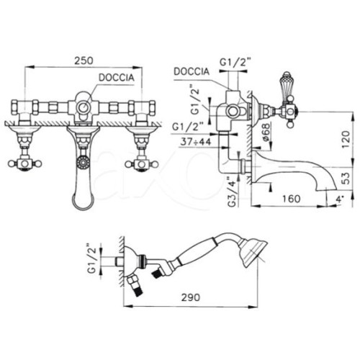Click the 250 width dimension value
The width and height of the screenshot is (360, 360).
pos(84,60)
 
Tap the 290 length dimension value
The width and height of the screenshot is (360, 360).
pos(190,297)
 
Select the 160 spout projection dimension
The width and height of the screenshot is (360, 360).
pos(291,199)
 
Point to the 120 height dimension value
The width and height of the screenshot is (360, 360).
pos(345,139)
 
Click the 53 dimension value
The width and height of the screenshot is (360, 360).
pos(345,178)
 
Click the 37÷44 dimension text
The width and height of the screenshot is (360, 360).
pos(196,142)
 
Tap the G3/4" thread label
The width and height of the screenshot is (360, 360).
pos(233,192)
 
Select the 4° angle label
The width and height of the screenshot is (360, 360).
pos(341,199)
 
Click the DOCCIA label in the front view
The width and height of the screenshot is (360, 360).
pos(117,78)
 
